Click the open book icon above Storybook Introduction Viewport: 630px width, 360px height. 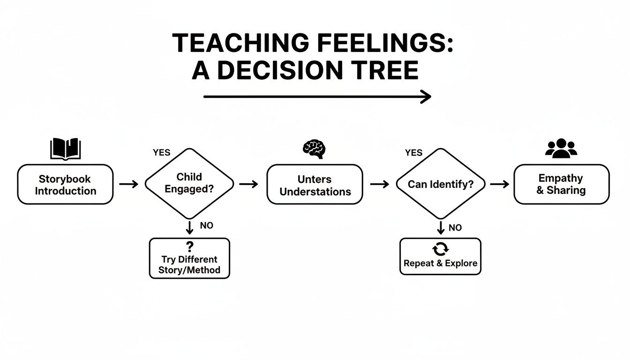pos(65,149)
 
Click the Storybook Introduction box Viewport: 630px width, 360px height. pos(65,185)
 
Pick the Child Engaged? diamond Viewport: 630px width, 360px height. pos(189,184)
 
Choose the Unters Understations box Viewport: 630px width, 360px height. pos(315,185)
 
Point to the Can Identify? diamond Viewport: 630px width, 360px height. pos(440,184)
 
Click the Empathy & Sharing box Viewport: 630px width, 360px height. pos(562,184)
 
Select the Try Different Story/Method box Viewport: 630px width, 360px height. pos(189,258)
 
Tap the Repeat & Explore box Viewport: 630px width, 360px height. pos(440,256)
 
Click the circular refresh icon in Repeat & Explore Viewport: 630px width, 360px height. pos(440,248)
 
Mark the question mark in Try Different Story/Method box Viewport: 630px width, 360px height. pos(190,247)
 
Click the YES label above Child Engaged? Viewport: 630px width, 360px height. pos(162,153)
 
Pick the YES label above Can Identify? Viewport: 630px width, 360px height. pos(413,153)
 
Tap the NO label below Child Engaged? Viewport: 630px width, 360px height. pos(206,225)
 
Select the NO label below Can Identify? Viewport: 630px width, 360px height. pos(455,228)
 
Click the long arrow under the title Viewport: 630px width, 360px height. pos(317,97)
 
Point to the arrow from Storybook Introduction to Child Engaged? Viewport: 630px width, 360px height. pos(128,184)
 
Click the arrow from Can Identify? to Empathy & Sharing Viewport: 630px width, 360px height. pos(499,184)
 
